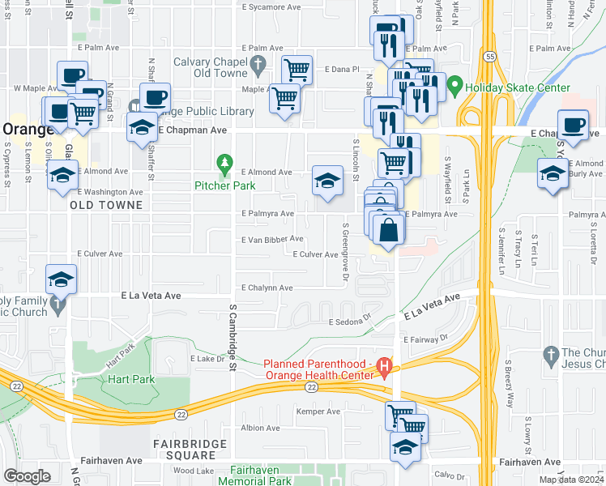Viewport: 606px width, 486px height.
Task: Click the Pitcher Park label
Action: [x=224, y=185]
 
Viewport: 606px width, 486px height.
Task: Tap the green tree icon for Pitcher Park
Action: [x=224, y=165]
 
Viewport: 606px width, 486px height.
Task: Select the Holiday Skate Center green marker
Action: [x=456, y=84]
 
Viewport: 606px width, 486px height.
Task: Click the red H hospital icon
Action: [x=385, y=371]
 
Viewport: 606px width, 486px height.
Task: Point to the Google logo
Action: [x=27, y=475]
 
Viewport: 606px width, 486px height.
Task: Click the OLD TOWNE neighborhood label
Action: [x=106, y=205]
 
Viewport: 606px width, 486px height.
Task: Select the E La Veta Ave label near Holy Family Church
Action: [x=151, y=296]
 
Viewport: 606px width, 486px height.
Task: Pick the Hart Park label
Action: [x=123, y=378]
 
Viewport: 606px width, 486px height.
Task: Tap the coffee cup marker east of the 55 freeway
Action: [x=573, y=126]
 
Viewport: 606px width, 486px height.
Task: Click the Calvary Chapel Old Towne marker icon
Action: [x=258, y=63]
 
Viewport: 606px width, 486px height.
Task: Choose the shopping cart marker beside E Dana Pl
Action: [x=297, y=70]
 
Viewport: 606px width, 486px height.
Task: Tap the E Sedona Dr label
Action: [x=349, y=322]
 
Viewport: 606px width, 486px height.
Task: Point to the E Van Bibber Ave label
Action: [x=272, y=239]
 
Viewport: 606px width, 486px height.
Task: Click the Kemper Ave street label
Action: [x=318, y=411]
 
